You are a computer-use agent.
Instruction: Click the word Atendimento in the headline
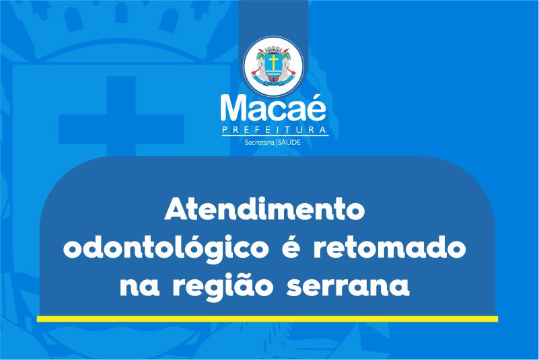click(264, 209)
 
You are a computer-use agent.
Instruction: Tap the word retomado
click(390, 247)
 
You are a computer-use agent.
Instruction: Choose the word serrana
click(348, 287)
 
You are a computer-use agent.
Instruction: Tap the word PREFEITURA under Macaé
click(275, 130)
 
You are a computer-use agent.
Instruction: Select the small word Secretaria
click(259, 142)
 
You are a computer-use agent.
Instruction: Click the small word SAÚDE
click(289, 142)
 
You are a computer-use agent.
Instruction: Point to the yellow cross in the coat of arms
click(273, 62)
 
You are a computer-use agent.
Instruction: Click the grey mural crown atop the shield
click(273, 50)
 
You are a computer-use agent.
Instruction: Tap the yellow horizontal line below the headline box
click(267, 319)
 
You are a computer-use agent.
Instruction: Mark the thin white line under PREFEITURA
click(275, 136)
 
